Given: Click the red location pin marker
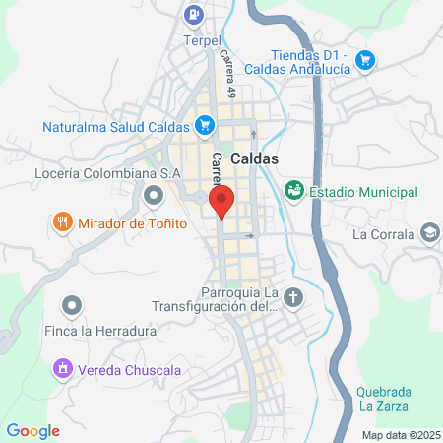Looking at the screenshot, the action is pos(221,201).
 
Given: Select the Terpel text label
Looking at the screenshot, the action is pos(205,42).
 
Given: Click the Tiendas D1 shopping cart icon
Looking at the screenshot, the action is pos(365,61).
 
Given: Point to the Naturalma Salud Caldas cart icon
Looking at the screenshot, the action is pos(204,125).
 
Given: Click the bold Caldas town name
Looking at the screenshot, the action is pos(255,158).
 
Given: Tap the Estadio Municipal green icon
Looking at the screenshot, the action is pos(293,190).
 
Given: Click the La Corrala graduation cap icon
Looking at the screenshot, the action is pos(429,233).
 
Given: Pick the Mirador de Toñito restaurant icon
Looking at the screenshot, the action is pos(63,221).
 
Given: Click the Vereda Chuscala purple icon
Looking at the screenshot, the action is pos(63,370).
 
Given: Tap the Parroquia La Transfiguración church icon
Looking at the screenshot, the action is pos(293,295).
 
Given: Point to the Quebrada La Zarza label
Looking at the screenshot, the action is pos(385,398).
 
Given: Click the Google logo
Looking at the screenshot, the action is pos(32,430).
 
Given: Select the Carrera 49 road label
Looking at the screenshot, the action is pos(228,75).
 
